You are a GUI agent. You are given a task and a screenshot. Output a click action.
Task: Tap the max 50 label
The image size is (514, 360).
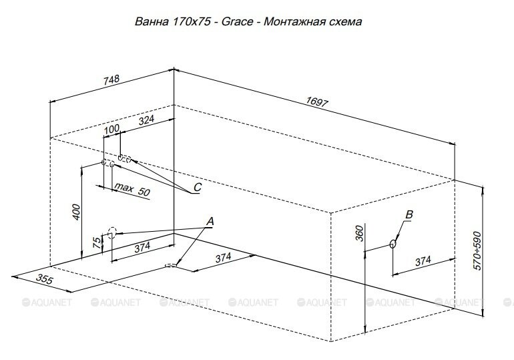point(132,188)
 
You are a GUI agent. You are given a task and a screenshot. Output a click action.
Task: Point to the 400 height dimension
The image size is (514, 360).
point(77,212)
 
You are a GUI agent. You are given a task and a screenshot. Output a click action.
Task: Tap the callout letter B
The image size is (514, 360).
point(409,214)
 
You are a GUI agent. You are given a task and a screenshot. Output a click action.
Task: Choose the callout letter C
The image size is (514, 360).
point(197,187)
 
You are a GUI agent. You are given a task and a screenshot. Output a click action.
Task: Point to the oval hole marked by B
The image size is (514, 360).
point(393,244)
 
